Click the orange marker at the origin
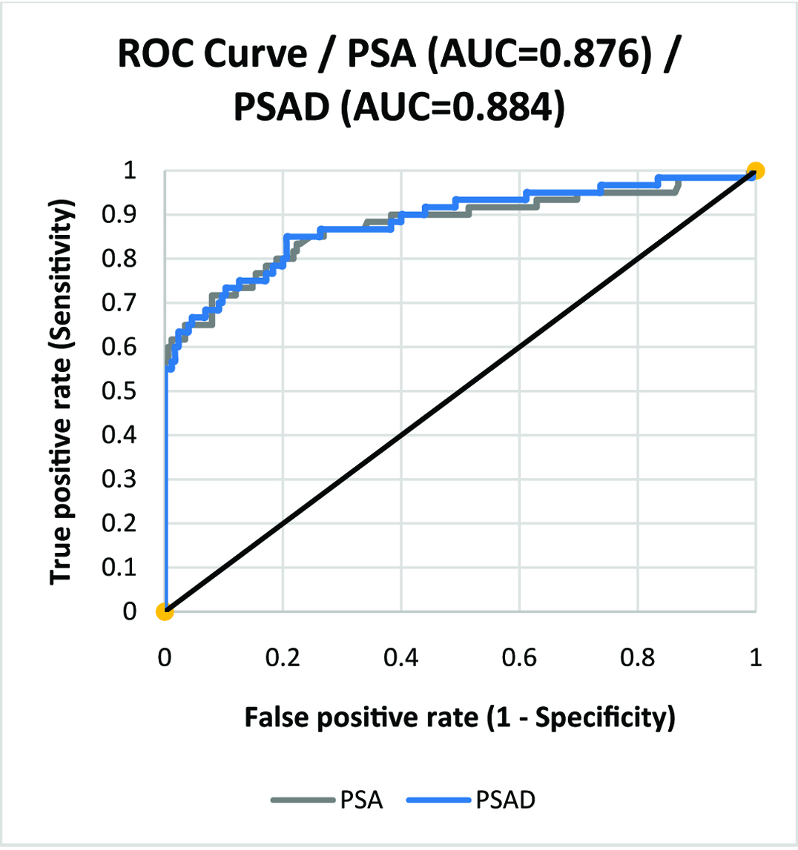click(x=164, y=611)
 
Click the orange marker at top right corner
click(x=755, y=171)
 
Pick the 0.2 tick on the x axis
click(x=283, y=657)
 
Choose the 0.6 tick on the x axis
click(x=519, y=657)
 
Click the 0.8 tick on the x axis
click(x=637, y=657)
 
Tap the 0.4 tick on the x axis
click(x=400, y=657)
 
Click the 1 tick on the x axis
click(x=755, y=657)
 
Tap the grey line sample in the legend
click(x=300, y=800)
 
